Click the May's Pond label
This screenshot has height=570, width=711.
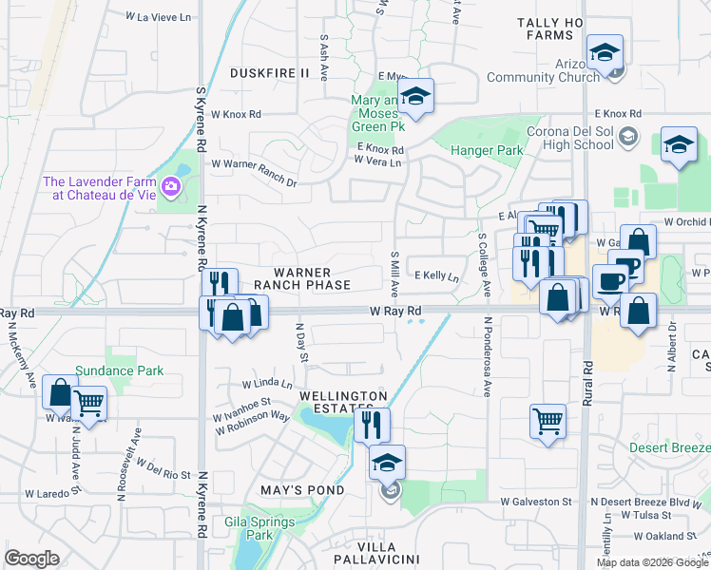click(300, 490)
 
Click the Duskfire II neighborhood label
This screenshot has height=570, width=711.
click(270, 72)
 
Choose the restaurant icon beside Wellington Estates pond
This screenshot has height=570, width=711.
click(371, 424)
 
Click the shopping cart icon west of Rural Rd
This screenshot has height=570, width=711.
click(548, 420)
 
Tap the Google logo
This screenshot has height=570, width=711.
click(32, 559)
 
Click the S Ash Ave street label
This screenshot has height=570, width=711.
click(325, 58)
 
